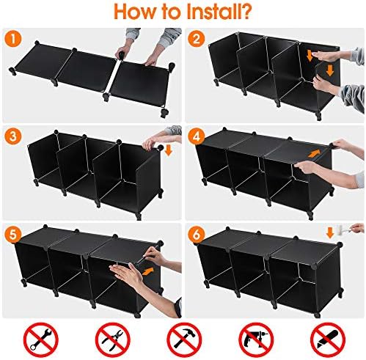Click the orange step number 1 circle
[13, 40]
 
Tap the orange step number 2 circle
[196, 39]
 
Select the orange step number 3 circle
[13, 136]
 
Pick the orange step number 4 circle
[196, 136]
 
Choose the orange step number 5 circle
[13, 234]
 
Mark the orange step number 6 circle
[196, 234]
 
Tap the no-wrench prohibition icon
[41, 339]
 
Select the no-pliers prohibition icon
[113, 339]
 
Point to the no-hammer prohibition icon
[184, 339]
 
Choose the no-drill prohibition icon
[256, 339]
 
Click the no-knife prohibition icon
[328, 339]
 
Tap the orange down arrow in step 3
[169, 150]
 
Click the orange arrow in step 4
[315, 153]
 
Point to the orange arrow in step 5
[149, 271]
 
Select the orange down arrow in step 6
[330, 233]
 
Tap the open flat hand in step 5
[126, 273]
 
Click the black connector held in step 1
[121, 54]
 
